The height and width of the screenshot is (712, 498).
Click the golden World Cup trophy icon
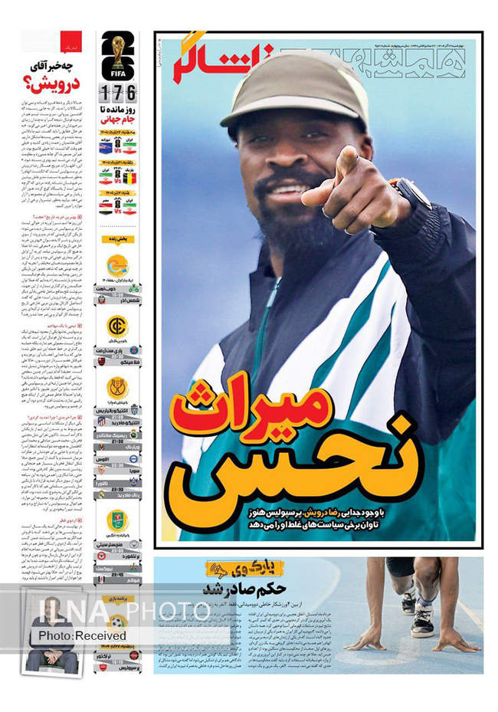tap(117, 48)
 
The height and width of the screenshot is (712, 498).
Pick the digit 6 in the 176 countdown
tap(130, 94)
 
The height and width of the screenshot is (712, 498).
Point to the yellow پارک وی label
tap(245, 568)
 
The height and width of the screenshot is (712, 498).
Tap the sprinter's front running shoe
tap(423, 622)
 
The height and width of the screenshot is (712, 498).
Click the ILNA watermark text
tap(69, 611)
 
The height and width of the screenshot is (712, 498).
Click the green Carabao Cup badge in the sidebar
tap(117, 520)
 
